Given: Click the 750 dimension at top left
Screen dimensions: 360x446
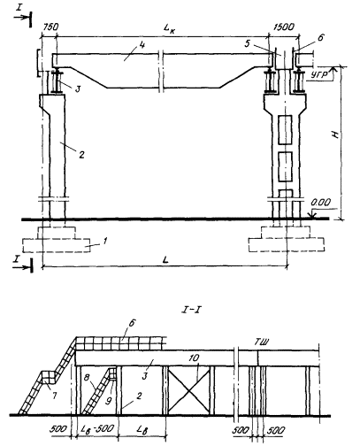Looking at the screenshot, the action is coord(51,27).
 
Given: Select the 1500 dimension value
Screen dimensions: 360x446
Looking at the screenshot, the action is coord(284,27).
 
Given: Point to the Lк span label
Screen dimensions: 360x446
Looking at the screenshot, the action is coord(170,28).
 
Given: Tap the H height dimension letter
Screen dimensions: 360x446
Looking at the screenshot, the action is coord(336,135).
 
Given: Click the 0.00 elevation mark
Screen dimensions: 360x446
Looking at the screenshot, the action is coord(321,203).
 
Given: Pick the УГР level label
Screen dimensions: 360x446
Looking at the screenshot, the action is coord(319,75).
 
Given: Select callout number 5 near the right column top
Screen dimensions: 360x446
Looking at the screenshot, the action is coord(247,43).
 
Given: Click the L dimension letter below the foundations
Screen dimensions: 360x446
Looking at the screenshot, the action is coord(166,259).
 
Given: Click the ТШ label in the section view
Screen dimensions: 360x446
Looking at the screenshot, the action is coord(262,342).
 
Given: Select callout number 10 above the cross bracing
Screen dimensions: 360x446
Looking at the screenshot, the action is coord(194,358).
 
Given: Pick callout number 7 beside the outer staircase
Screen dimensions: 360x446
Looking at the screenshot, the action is coord(54,396).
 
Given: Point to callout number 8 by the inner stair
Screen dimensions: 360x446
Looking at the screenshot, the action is coord(88,378).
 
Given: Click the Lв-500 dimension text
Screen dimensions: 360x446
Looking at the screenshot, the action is coord(97,428).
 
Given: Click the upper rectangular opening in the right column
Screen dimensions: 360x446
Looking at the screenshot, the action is coord(285,129).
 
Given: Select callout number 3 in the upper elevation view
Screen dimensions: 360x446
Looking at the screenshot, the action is coord(78,88).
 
